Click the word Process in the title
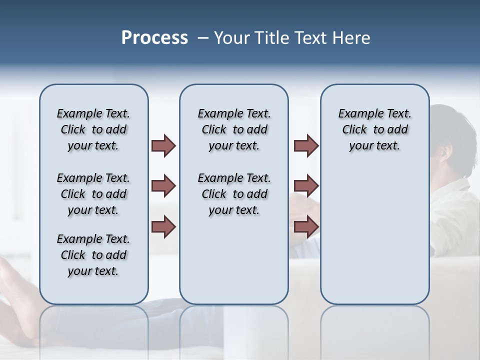coord(154,38)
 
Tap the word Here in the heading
coord(352,38)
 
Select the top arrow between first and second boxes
coord(163,145)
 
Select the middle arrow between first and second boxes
coord(163,186)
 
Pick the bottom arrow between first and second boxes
coord(163,227)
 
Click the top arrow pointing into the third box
coord(306,145)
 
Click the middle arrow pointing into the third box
coord(306,186)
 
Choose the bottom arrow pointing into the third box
coord(306,227)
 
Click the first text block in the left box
coord(93,129)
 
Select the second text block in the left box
coord(93,194)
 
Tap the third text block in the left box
coord(93,255)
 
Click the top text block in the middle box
coord(234,129)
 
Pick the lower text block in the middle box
coord(234,194)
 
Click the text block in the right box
coord(374,129)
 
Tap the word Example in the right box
coord(356,114)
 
